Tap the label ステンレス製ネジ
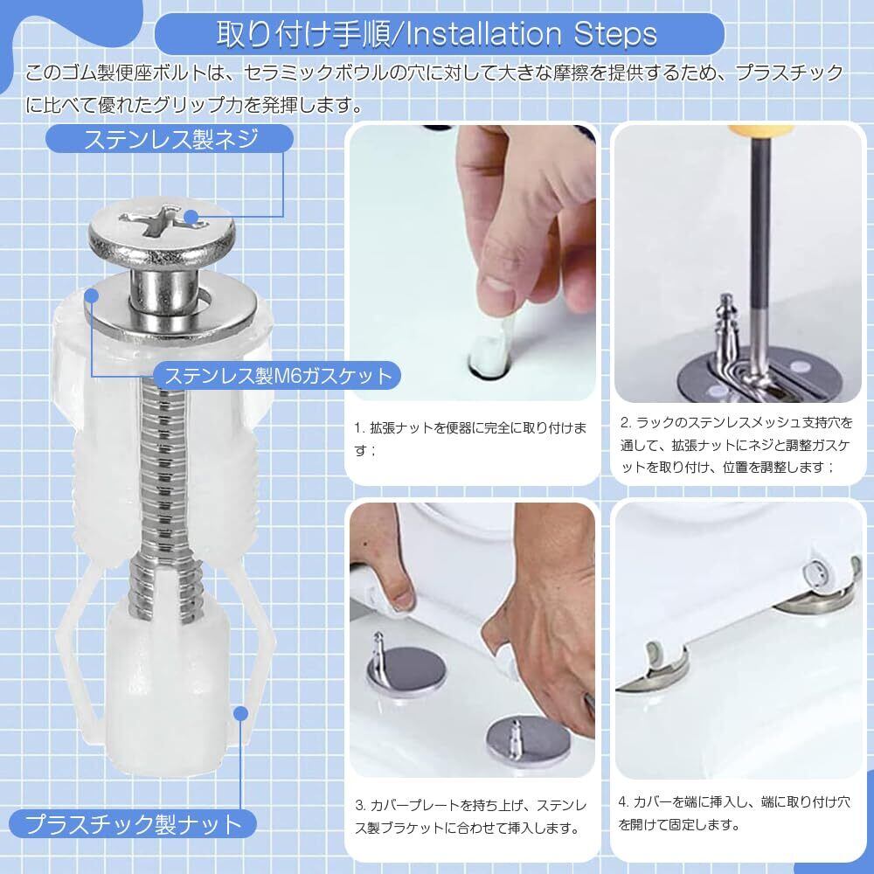(170, 139)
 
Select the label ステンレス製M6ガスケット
(279, 376)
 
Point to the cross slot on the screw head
(163, 221)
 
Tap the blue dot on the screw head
(191, 216)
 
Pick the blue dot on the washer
(91, 296)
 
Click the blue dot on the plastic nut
(240, 713)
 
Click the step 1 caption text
(470, 439)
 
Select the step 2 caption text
(736, 445)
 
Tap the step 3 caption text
(471, 816)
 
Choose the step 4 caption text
(734, 813)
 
